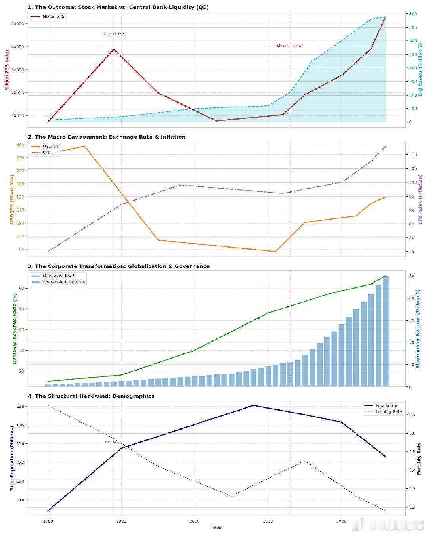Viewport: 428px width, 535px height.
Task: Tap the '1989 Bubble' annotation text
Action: [114, 34]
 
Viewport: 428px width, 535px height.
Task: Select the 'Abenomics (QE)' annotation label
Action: [290, 46]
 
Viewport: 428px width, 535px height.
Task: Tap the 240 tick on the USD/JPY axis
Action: [19, 145]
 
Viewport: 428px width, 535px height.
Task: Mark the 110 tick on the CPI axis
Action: [413, 155]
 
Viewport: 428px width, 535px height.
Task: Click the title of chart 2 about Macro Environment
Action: [106, 137]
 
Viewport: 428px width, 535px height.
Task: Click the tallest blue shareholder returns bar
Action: [386, 331]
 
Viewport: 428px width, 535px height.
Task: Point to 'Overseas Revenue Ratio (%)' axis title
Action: [15, 329]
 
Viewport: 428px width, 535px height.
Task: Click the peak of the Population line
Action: [253, 405]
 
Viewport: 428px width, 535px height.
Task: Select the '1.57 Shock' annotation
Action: [114, 442]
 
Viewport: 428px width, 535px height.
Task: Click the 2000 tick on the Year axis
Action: [195, 521]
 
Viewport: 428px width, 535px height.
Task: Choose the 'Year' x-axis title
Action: [217, 527]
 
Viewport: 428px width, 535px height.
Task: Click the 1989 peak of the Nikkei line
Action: [114, 50]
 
